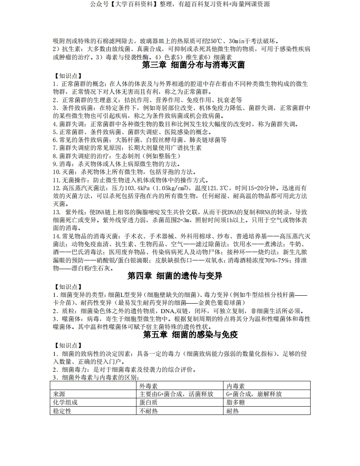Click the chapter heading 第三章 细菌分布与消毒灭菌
[193, 65]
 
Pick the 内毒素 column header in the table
[235, 386]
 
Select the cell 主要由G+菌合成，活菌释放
[176, 394]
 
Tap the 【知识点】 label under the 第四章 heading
[68, 287]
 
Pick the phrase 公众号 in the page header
[98, 4]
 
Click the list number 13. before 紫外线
[57, 212]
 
